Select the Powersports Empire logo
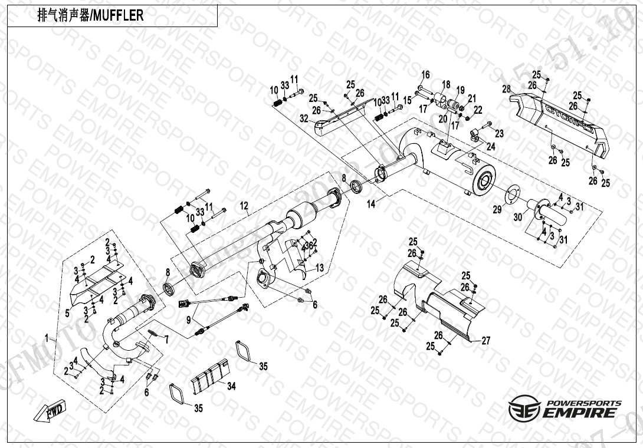coord(565,409)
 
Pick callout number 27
coord(485,341)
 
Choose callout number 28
coord(506,89)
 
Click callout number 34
coord(231,387)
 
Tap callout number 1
coord(47,338)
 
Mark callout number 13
coord(319,268)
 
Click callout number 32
coord(303,118)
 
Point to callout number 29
coord(497,209)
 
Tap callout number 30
coord(517,217)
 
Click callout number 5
coord(67,313)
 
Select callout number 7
coord(166,340)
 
